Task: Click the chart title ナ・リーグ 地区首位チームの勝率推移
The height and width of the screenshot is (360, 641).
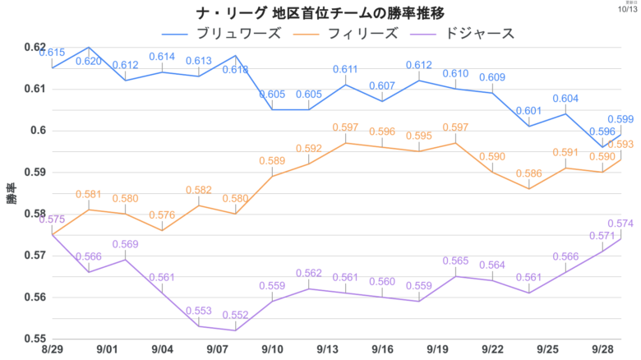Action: pyautogui.click(x=320, y=12)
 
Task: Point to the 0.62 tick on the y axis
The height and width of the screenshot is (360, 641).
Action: pyautogui.click(x=35, y=47)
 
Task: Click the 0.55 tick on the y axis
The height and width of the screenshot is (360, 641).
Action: pyautogui.click(x=35, y=338)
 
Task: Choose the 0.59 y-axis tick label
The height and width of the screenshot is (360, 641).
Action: pyautogui.click(x=35, y=172)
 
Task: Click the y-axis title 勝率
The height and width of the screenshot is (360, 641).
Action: pyautogui.click(x=11, y=193)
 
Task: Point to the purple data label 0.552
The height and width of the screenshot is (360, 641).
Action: pyautogui.click(x=236, y=315)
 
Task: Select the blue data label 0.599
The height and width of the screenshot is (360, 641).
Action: pyautogui.click(x=620, y=119)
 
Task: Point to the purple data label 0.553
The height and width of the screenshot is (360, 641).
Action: pyautogui.click(x=199, y=311)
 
